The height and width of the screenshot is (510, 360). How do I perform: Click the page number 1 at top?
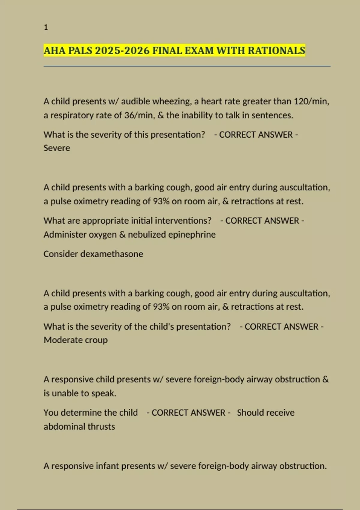pos(46,27)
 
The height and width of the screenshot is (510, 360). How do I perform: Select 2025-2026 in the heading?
pos(122,50)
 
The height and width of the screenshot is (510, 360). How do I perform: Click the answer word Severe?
pos(57,148)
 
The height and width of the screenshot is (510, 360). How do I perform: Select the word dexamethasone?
pos(112,254)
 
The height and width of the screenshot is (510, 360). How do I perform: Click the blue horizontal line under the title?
pos(187,66)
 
